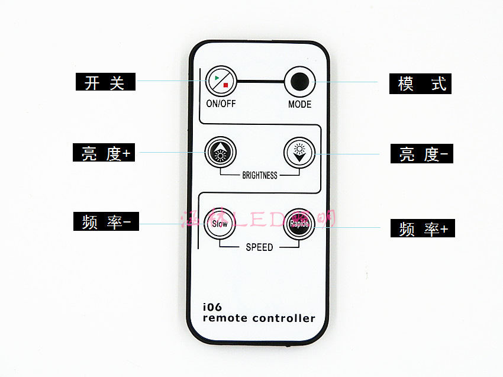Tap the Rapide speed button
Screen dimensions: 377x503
click(298, 224)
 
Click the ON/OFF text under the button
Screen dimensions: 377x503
click(221, 104)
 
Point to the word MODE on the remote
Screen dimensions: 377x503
click(299, 104)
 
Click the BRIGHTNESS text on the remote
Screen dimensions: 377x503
click(260, 175)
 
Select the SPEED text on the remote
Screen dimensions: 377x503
click(260, 247)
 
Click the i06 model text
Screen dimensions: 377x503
click(211, 307)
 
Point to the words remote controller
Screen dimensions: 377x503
click(259, 318)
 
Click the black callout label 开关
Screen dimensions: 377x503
click(105, 82)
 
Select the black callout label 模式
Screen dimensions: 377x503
click(420, 83)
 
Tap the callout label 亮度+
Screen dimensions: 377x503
click(105, 153)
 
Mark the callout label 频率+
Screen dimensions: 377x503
click(423, 228)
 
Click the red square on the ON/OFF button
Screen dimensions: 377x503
click(225, 85)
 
